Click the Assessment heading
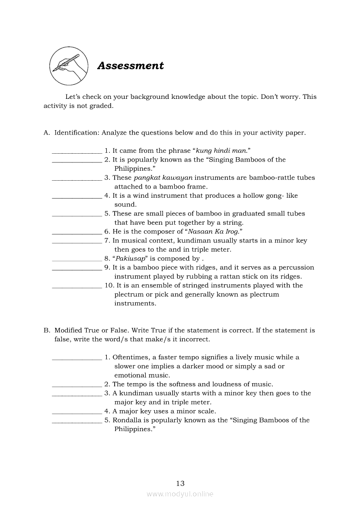(130, 66)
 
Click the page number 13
(180, 483)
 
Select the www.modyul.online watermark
(180, 494)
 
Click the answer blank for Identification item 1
(77, 152)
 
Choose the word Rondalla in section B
(127, 420)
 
